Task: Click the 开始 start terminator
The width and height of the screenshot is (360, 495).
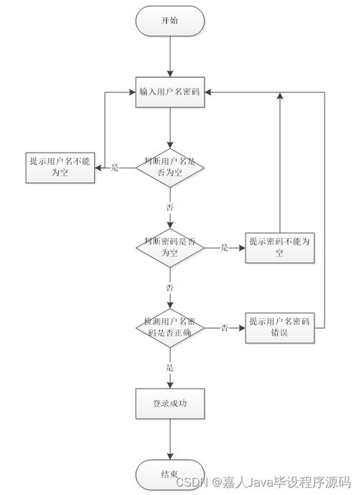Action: point(170,21)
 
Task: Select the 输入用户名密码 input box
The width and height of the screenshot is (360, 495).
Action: point(170,92)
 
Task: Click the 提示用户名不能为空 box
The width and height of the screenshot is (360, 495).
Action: point(60,168)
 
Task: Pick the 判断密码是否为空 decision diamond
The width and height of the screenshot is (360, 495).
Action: point(170,247)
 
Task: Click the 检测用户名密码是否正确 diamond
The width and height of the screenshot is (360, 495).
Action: point(170,327)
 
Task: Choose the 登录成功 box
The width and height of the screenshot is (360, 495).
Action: point(170,404)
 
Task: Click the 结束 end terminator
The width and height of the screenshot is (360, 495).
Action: point(170,475)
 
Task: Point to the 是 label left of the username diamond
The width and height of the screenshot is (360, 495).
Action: point(115,168)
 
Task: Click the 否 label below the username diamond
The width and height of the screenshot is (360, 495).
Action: point(170,207)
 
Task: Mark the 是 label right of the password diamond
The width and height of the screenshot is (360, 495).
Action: point(224,247)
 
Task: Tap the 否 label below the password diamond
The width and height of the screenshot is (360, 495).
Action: point(170,287)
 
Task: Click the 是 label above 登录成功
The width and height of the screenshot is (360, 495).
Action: point(170,367)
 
